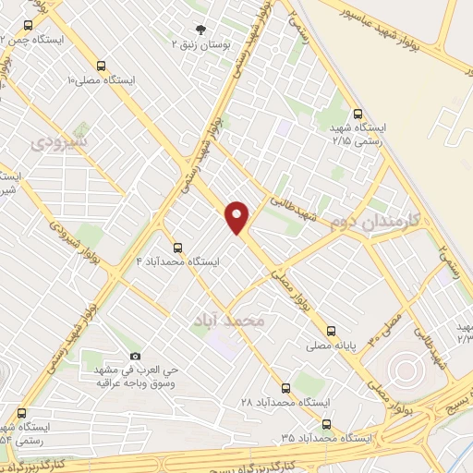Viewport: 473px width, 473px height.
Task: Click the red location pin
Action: [x=238, y=216]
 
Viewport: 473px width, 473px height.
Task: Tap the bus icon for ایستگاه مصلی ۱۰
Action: [x=99, y=66]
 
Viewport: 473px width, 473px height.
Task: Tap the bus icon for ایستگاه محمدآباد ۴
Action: [x=177, y=248]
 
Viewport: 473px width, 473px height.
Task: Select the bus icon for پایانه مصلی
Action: [x=331, y=330]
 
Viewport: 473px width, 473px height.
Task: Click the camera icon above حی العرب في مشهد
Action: [x=135, y=357]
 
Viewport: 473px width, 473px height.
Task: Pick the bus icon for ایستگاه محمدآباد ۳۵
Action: [x=325, y=423]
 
